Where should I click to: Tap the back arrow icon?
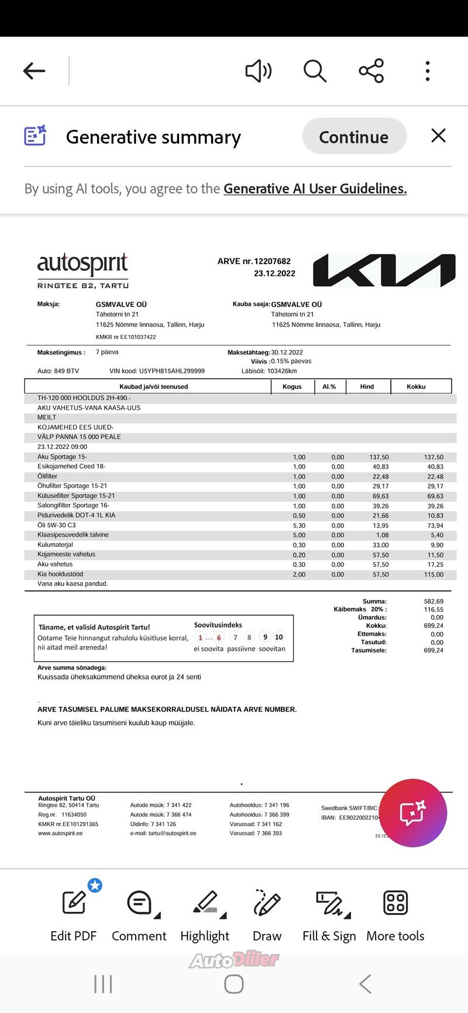[34, 71]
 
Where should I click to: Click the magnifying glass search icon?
[315, 71]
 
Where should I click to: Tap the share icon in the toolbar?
[371, 71]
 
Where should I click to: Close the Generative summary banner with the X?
[438, 136]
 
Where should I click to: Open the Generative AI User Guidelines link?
[315, 189]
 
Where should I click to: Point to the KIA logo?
[384, 270]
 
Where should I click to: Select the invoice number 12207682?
[272, 261]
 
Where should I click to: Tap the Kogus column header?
[292, 386]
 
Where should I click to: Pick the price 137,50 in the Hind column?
[379, 457]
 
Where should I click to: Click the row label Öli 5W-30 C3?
[57, 525]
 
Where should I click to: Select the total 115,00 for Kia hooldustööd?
[433, 575]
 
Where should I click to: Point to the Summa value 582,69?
[433, 601]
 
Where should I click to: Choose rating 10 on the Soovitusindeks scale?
[279, 637]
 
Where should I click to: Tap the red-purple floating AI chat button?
[413, 813]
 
